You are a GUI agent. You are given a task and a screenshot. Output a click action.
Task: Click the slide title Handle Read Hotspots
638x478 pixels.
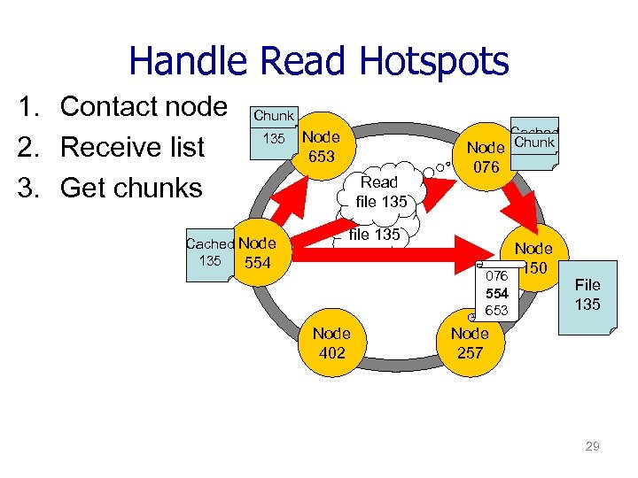coord(319,62)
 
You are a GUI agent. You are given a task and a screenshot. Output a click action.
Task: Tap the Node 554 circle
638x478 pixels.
coord(258,253)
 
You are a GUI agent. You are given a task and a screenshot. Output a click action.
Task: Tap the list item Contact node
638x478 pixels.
coord(123,106)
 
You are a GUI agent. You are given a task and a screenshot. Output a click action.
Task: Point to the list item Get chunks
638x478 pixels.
coord(111,188)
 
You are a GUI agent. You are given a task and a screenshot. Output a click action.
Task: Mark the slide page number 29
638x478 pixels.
coord(592,446)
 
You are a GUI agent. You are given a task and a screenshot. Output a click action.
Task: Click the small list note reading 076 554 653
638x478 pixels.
coord(496,293)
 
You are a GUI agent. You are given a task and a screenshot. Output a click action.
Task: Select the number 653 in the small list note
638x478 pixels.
coord(496,310)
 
